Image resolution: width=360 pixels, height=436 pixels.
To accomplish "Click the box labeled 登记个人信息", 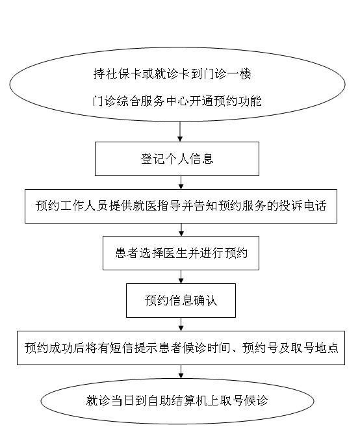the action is click(x=177, y=159).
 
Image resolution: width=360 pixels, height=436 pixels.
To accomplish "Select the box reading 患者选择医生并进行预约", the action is click(x=181, y=253).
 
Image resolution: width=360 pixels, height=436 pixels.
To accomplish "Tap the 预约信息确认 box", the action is click(x=181, y=300).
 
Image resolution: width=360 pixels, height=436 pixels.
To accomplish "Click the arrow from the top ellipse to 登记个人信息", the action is click(x=180, y=131).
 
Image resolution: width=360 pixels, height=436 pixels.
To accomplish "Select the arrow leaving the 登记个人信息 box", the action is click(x=181, y=183).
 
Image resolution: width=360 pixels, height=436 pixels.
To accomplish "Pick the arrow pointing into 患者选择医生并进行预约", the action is click(x=181, y=229).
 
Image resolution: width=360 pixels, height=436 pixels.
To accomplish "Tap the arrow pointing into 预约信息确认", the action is click(x=181, y=277).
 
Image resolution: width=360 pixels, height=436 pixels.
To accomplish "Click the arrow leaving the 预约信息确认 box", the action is click(x=181, y=324).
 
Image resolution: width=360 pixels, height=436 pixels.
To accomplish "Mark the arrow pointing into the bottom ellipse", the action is click(x=181, y=372).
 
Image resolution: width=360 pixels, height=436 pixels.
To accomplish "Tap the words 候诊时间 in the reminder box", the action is click(x=206, y=348).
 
